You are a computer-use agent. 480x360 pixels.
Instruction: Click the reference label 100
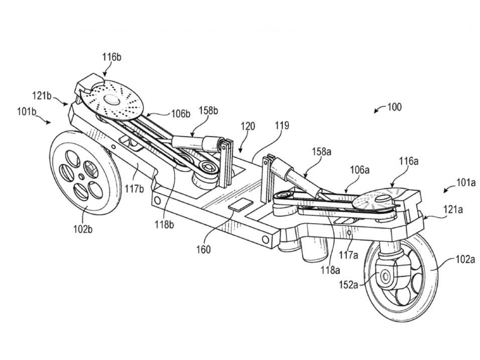pos(394,107)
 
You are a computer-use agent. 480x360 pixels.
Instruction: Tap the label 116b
pos(112,58)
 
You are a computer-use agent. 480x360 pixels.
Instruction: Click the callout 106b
pos(180,114)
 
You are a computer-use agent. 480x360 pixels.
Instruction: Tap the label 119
pos(282,126)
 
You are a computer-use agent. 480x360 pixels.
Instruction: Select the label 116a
pos(409,161)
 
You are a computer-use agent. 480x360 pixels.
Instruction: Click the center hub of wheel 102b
pos(82,176)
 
